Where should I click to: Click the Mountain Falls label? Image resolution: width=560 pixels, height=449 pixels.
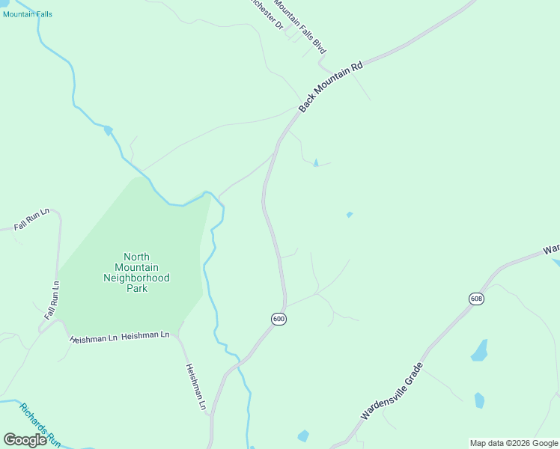coord(28,14)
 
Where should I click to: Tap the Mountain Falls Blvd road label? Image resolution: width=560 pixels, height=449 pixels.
coord(300,26)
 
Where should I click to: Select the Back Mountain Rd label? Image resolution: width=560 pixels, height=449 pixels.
coord(330,87)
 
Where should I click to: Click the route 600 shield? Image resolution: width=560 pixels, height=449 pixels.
coord(279,320)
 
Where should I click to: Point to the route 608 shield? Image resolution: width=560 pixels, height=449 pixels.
coord(477,299)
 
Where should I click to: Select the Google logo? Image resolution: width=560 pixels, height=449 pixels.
coord(25,440)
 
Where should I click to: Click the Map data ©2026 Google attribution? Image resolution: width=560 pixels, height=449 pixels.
coord(514,443)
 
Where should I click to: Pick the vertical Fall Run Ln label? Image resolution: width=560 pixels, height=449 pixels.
coord(52,301)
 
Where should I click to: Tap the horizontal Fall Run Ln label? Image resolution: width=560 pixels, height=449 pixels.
coord(31,219)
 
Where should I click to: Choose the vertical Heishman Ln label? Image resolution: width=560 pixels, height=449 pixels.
coord(195,387)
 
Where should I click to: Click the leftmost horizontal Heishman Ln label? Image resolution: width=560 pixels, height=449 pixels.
coord(94,338)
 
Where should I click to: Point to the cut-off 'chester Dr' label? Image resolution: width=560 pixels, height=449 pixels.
coord(268,13)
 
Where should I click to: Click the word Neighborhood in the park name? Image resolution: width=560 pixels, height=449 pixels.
coord(136,278)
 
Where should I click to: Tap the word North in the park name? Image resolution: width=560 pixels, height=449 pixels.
coord(136,257)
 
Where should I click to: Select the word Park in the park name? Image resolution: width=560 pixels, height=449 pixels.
coord(136,288)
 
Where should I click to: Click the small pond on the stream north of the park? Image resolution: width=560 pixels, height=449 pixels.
coord(109,130)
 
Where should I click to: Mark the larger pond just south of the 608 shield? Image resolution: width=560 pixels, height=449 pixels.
coord(479,350)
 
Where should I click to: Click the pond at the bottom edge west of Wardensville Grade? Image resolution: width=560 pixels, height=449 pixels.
coord(302,436)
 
